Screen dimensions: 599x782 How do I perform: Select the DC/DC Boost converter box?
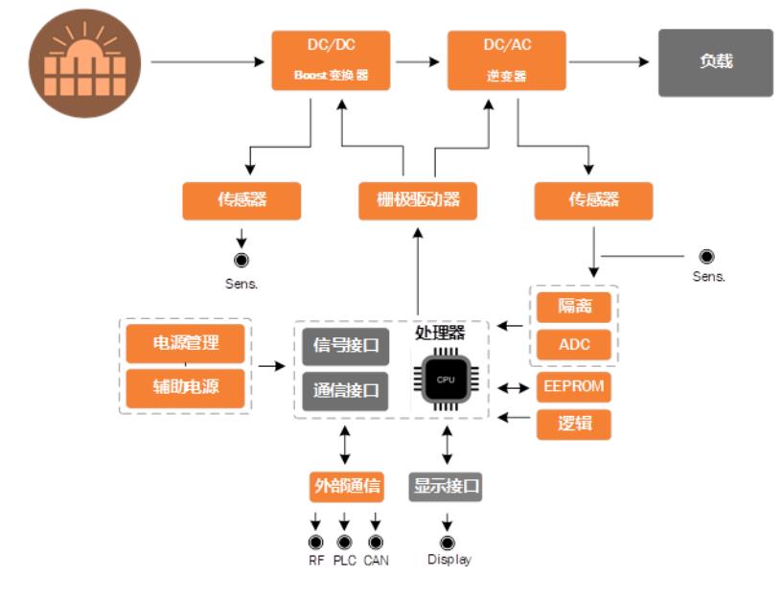[x=331, y=60]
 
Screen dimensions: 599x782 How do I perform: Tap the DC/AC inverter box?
[x=506, y=60]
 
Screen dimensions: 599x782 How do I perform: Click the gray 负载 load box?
[x=715, y=62]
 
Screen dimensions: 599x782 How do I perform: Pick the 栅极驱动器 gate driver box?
[x=418, y=200]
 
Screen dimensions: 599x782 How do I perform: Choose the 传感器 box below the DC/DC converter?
[x=241, y=200]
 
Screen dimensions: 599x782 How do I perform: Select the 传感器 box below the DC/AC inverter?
[x=593, y=200]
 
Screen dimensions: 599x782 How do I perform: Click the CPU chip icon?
[x=446, y=380]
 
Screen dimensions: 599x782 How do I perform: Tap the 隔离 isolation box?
[x=573, y=309]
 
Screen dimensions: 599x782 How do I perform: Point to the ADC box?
[x=573, y=345]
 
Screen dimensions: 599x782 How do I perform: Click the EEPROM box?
[x=573, y=388]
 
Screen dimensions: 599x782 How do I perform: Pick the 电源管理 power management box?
[x=185, y=344]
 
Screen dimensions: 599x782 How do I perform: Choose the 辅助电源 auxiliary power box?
[x=185, y=388]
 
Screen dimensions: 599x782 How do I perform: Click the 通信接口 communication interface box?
[x=346, y=391]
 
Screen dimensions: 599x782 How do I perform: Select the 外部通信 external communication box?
[x=346, y=486]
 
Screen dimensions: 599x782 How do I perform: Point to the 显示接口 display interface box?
[x=446, y=486]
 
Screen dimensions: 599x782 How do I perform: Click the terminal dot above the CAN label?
[x=376, y=542]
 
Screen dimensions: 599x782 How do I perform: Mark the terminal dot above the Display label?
[x=447, y=542]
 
